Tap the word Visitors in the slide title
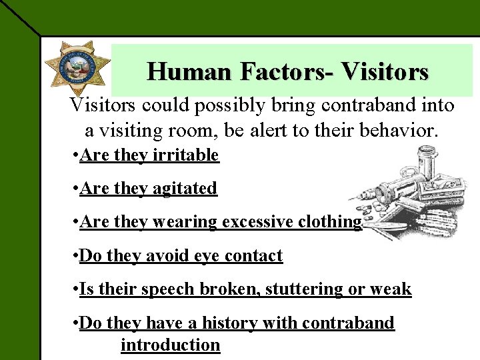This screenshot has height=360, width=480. [x=384, y=71]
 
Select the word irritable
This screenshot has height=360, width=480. [x=185, y=155]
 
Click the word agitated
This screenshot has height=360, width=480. [x=185, y=189]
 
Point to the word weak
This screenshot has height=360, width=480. [x=394, y=289]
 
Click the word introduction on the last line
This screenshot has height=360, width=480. [x=170, y=345]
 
